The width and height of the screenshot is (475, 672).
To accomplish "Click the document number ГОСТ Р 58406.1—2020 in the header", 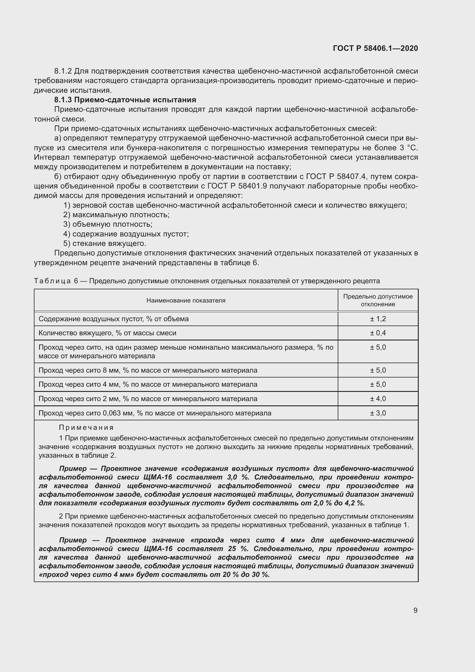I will tap(375, 48).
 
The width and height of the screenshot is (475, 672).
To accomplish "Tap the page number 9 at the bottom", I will tap(415, 610).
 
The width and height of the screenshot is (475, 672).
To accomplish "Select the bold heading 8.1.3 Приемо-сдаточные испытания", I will tap(125, 100).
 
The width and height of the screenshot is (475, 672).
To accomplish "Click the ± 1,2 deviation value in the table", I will tap(378, 319).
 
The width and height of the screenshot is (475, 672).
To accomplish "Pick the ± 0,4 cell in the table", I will tap(378, 333).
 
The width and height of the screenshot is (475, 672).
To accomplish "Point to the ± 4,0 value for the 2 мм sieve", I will tap(378, 399).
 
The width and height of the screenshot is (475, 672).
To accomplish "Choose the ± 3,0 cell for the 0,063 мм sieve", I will tap(378, 413).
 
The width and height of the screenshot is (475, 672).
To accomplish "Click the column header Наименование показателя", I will tap(186, 300).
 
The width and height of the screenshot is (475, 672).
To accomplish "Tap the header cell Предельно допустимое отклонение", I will tap(378, 300).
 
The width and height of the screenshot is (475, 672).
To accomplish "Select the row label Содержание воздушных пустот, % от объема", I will tap(113, 319).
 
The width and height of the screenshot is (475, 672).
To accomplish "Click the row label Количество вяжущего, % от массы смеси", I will tap(107, 333).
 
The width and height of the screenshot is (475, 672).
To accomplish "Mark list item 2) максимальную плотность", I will tap(116, 215).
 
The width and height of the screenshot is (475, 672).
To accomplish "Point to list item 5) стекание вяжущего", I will tap(105, 244).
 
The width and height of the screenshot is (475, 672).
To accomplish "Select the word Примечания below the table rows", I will tap(86, 428).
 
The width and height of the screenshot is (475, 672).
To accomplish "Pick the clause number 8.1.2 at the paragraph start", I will tap(63, 71).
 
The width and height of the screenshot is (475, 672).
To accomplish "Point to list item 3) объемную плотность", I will tap(108, 224).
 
